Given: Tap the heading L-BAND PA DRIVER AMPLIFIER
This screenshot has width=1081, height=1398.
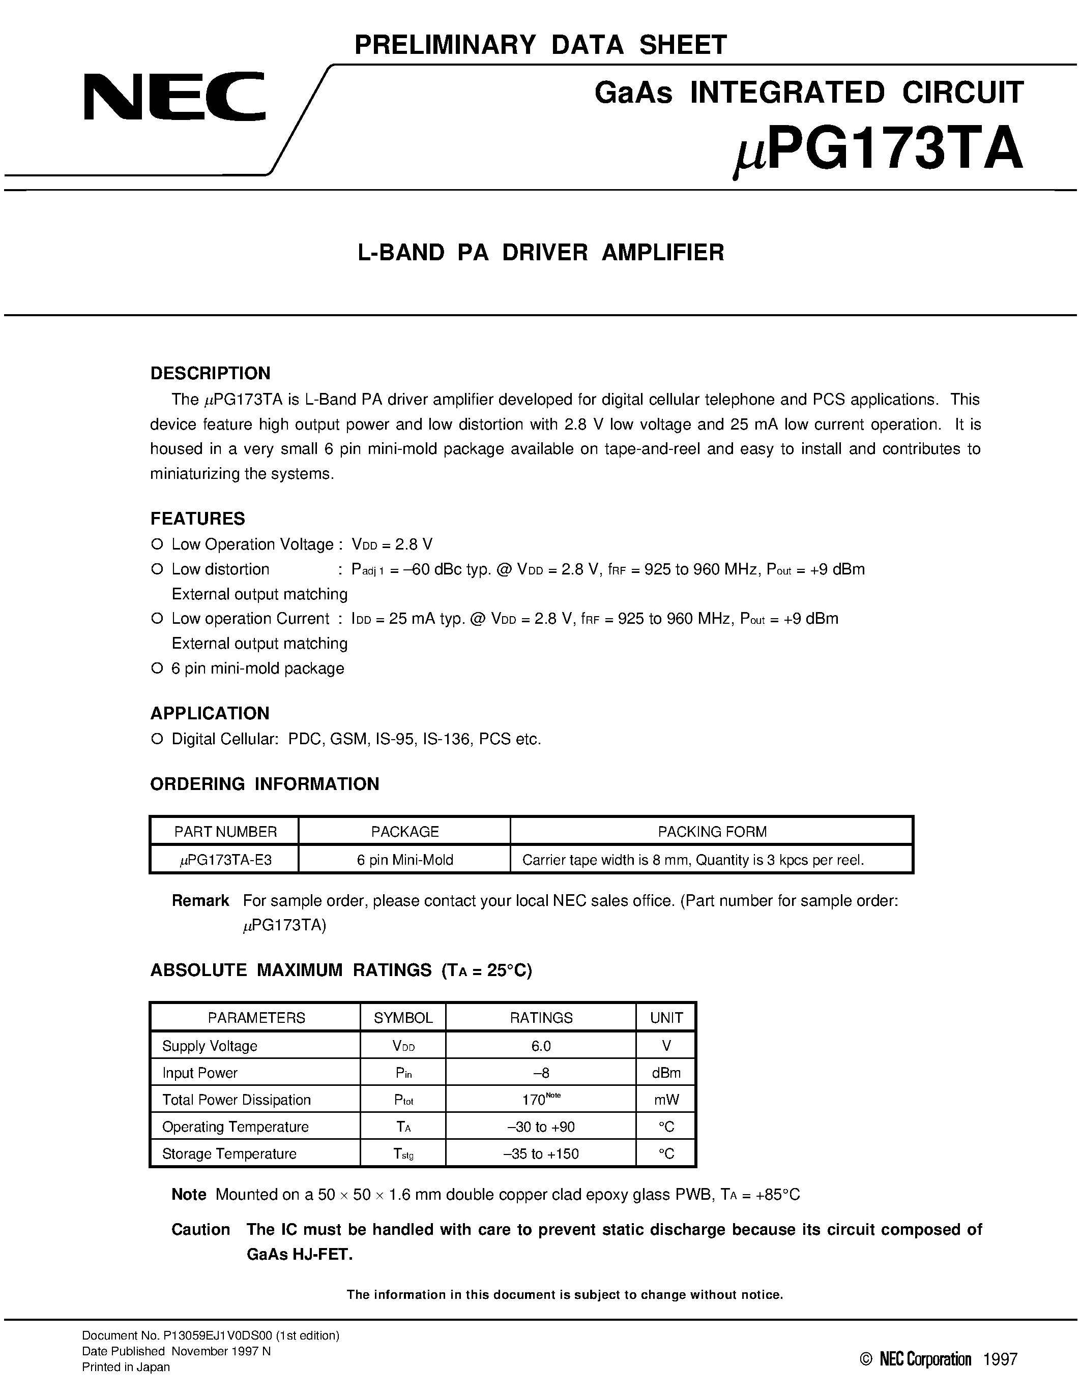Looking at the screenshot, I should pyautogui.click(x=540, y=252).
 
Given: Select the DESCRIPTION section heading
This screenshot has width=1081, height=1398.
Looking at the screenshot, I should pyautogui.click(x=210, y=373).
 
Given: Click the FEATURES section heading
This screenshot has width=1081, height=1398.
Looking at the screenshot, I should pyautogui.click(x=197, y=519).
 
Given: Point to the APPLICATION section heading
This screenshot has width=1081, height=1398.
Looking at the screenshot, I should pyautogui.click(x=210, y=713).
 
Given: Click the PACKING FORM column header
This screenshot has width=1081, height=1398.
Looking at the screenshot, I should pyautogui.click(x=712, y=832).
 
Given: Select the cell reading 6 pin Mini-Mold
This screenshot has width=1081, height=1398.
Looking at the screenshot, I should pyautogui.click(x=405, y=860).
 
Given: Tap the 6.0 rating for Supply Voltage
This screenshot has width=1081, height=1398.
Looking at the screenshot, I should pyautogui.click(x=540, y=1046).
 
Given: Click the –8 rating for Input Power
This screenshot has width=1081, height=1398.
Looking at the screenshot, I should pyautogui.click(x=540, y=1073).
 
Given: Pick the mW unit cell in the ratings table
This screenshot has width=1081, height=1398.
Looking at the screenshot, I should pyautogui.click(x=666, y=1100).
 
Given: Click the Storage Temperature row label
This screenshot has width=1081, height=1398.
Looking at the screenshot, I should pyautogui.click(x=229, y=1153).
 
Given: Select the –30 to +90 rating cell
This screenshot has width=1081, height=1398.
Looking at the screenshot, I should pyautogui.click(x=540, y=1127).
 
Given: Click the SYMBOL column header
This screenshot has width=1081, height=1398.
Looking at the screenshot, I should pyautogui.click(x=403, y=1018).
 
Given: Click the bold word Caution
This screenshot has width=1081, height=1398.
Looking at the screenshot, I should pyautogui.click(x=200, y=1230).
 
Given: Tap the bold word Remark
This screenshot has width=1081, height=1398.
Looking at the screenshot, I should pyautogui.click(x=200, y=901).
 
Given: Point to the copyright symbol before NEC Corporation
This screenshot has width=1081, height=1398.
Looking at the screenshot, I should pyautogui.click(x=866, y=1359).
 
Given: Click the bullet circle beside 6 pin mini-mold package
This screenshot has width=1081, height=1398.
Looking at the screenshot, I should pyautogui.click(x=156, y=668).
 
